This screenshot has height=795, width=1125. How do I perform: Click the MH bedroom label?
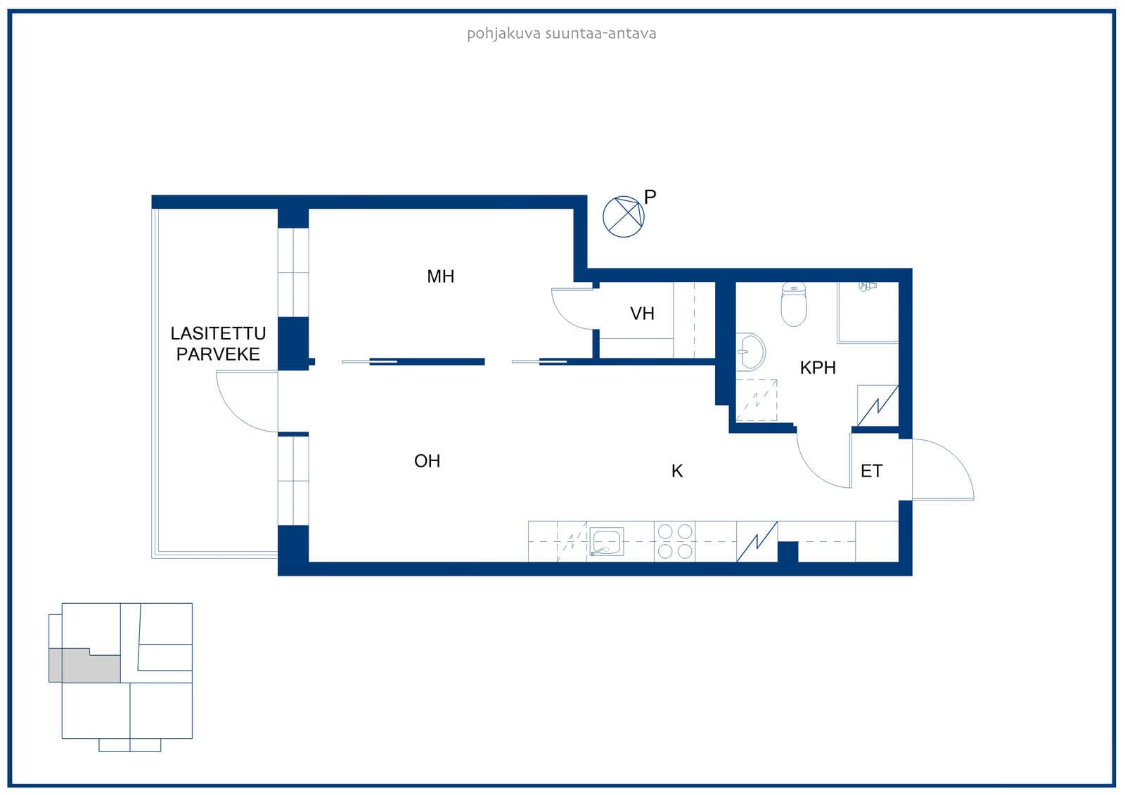(x=440, y=276)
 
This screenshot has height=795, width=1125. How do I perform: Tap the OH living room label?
(x=427, y=461)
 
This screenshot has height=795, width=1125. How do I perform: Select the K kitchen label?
(x=676, y=471)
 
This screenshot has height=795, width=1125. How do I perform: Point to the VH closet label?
(x=642, y=314)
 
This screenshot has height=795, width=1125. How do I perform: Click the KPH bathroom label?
(x=818, y=368)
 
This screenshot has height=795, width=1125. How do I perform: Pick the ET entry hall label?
(x=871, y=471)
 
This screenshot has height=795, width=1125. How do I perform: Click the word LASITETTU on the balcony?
(x=218, y=333)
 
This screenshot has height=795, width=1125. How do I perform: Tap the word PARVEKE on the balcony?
(x=218, y=354)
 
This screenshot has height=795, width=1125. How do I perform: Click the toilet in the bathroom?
(x=794, y=304)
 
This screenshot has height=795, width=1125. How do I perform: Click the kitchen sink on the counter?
(x=606, y=541)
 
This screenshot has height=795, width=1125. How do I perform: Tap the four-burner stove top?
(x=675, y=541)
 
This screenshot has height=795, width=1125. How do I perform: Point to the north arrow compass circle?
(x=623, y=216)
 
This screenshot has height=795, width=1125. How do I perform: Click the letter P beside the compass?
(x=650, y=198)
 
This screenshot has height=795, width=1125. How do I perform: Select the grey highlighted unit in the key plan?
(x=84, y=666)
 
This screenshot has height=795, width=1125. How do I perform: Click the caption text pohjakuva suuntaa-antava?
(x=562, y=34)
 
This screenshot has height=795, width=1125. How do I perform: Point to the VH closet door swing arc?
(x=562, y=316)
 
